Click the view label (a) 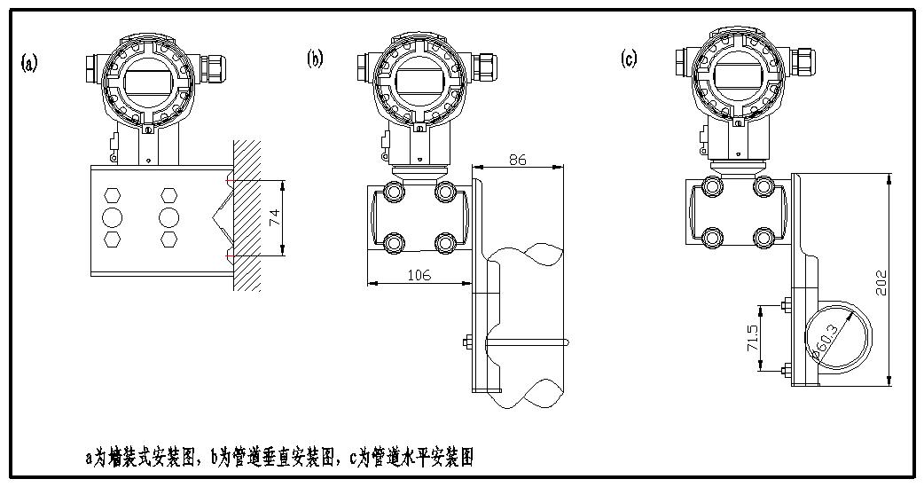(30, 63)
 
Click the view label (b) (315, 59)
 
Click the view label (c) (630, 59)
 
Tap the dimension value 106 (419, 275)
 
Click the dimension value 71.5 (752, 338)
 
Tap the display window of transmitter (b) (417, 78)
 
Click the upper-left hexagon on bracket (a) (113, 195)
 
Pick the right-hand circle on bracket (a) (168, 217)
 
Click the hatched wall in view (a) (247, 213)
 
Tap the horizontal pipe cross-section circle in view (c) (837, 337)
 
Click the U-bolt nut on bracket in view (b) (466, 342)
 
